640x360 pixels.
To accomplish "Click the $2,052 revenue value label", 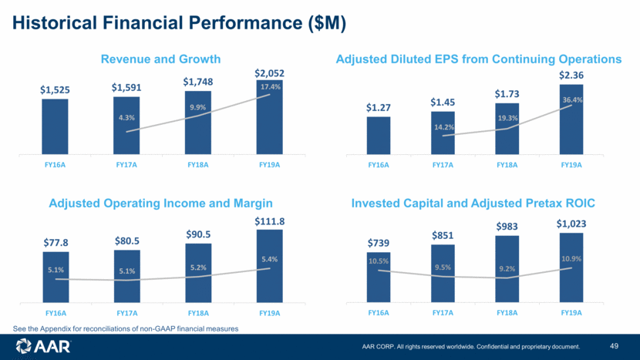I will (269, 73).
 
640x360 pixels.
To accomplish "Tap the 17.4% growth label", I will (269, 86).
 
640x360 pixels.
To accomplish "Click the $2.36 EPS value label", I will (571, 75).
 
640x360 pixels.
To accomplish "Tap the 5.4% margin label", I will (269, 259).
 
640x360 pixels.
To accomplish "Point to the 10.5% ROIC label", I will (379, 261).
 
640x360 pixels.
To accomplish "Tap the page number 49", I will (615, 345).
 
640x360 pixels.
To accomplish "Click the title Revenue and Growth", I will (161, 59).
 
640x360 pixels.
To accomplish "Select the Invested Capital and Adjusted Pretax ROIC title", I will (473, 204).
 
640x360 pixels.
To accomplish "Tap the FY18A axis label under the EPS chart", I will (507, 164).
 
